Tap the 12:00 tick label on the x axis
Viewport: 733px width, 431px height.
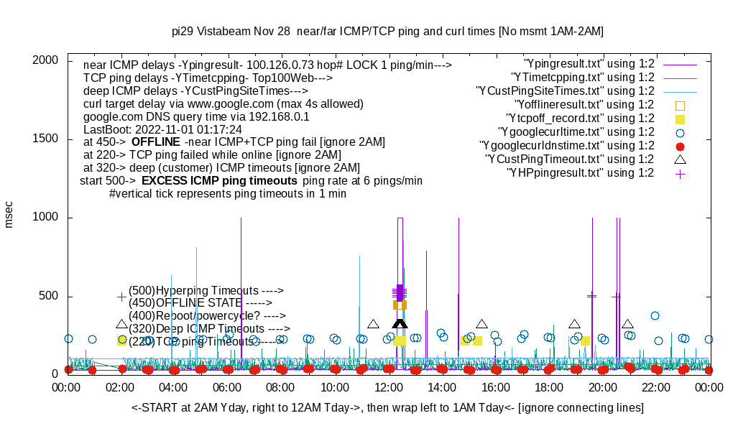click(x=389, y=388)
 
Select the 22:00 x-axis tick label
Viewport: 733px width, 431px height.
click(x=656, y=388)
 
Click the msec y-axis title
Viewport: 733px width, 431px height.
click(x=9, y=214)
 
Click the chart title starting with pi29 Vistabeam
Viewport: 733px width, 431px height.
click(x=387, y=31)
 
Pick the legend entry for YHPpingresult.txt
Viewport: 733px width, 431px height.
click(x=581, y=173)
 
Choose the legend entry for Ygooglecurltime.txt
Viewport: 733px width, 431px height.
click(x=576, y=132)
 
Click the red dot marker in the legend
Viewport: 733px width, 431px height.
click(x=680, y=146)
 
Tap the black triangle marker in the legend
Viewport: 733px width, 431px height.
click(x=680, y=159)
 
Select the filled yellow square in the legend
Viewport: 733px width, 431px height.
click(x=680, y=119)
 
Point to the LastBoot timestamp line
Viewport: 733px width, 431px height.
click(x=162, y=129)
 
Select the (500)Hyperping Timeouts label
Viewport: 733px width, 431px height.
click(x=206, y=290)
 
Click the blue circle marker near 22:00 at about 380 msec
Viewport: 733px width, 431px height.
click(x=655, y=315)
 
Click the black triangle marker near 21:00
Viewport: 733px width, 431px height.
click(x=627, y=325)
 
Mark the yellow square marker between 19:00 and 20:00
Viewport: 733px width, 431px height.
click(x=586, y=340)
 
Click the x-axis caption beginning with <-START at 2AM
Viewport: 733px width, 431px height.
click(x=387, y=408)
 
